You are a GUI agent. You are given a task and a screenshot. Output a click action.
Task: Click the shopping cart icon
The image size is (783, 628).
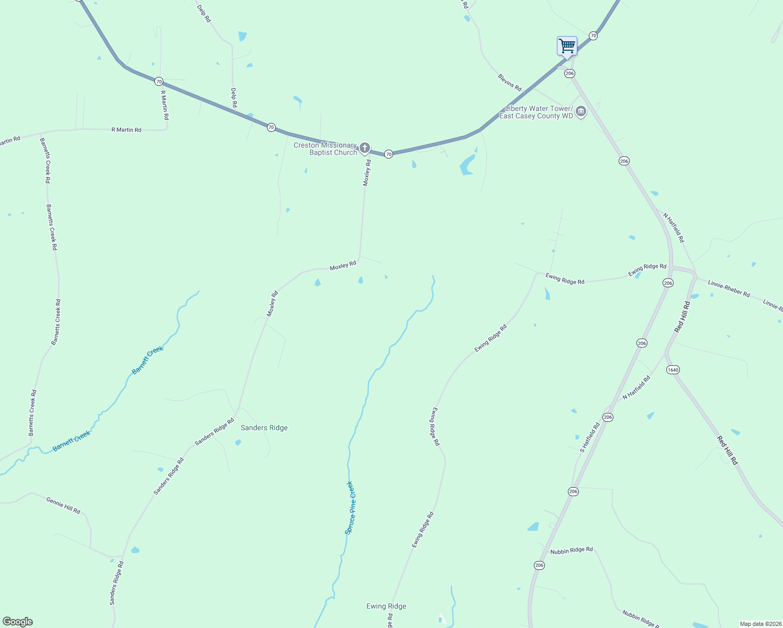pyautogui.click(x=567, y=46)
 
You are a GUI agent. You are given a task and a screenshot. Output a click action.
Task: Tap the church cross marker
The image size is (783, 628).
pyautogui.click(x=365, y=148)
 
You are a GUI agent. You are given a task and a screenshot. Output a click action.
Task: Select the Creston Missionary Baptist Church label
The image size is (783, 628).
pyautogui.click(x=325, y=149)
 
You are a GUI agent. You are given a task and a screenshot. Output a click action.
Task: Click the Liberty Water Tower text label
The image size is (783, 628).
pyautogui.click(x=536, y=112)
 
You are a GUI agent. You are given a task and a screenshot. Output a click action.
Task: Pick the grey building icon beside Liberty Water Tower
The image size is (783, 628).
pyautogui.click(x=581, y=111)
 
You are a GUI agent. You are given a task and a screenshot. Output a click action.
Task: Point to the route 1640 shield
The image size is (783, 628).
pyautogui.click(x=673, y=370)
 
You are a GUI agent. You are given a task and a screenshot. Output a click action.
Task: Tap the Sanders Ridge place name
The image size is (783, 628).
pyautogui.click(x=264, y=428)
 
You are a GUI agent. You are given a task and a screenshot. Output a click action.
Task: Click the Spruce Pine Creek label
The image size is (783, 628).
pyautogui.click(x=350, y=508)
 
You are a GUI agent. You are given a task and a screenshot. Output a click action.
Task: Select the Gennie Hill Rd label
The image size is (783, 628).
pyautogui.click(x=63, y=505)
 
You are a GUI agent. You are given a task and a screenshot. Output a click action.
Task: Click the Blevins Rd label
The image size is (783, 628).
pyautogui.click(x=510, y=83)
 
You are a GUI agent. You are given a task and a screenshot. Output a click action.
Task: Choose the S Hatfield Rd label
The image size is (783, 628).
pyautogui.click(x=590, y=438)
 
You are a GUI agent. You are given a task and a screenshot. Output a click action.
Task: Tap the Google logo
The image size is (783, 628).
pyautogui.click(x=18, y=622)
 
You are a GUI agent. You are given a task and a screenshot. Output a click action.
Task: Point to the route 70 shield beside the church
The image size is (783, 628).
pyautogui.click(x=388, y=154)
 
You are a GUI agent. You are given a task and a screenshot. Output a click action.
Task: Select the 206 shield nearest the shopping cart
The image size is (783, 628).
pyautogui.click(x=570, y=74)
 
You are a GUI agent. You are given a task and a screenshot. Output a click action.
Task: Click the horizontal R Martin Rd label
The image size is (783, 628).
pyautogui.click(x=126, y=130)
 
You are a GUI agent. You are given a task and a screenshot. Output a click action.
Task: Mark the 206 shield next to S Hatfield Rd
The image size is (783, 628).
pyautogui.click(x=608, y=417)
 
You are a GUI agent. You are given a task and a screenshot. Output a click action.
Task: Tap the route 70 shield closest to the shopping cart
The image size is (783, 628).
pyautogui.click(x=593, y=36)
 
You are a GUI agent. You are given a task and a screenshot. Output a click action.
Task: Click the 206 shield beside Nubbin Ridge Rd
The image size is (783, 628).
pyautogui.click(x=540, y=565)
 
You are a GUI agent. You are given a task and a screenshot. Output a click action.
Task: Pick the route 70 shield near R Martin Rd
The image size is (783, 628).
pyautogui.click(x=159, y=82)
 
